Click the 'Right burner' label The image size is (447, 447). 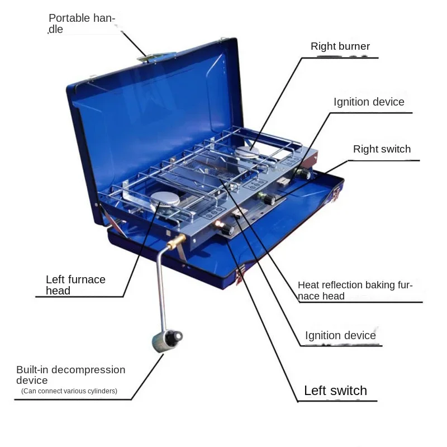(340, 46)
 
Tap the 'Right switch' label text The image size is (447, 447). (382, 149)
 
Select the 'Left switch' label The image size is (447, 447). (335, 391)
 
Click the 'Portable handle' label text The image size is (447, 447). (82, 23)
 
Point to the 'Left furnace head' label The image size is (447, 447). (75, 285)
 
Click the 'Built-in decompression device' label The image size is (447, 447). (70, 375)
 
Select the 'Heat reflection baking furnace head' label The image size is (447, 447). (355, 291)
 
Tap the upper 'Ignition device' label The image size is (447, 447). (369, 102)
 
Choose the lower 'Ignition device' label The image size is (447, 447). (340, 335)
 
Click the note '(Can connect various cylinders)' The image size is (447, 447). (69, 391)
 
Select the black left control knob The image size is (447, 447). (227, 230)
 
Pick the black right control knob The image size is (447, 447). (305, 175)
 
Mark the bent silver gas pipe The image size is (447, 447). (161, 285)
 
